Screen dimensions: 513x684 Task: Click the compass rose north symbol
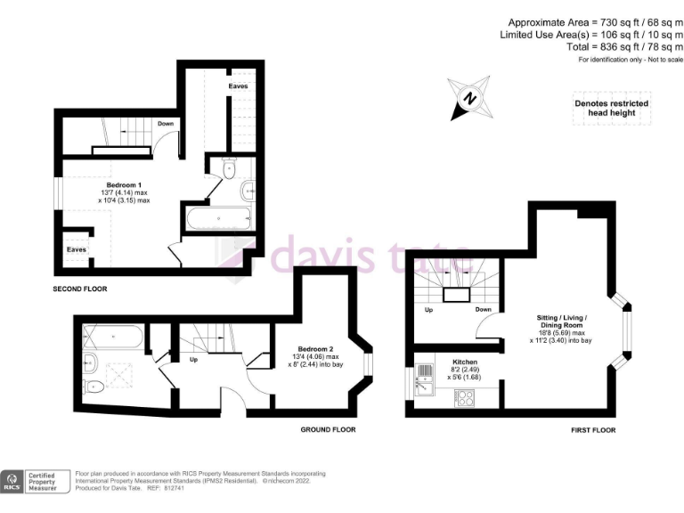471,98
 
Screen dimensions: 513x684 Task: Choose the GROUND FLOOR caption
329,429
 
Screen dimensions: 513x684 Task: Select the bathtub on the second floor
219,217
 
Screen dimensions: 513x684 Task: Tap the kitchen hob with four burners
465,398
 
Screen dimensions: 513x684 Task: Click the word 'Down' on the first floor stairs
483,311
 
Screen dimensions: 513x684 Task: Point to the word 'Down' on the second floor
166,124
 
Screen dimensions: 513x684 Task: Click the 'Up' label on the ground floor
193,361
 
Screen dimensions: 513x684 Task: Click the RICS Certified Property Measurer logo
36,482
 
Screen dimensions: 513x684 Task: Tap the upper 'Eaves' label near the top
238,86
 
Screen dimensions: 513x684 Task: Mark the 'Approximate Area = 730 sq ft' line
595,21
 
